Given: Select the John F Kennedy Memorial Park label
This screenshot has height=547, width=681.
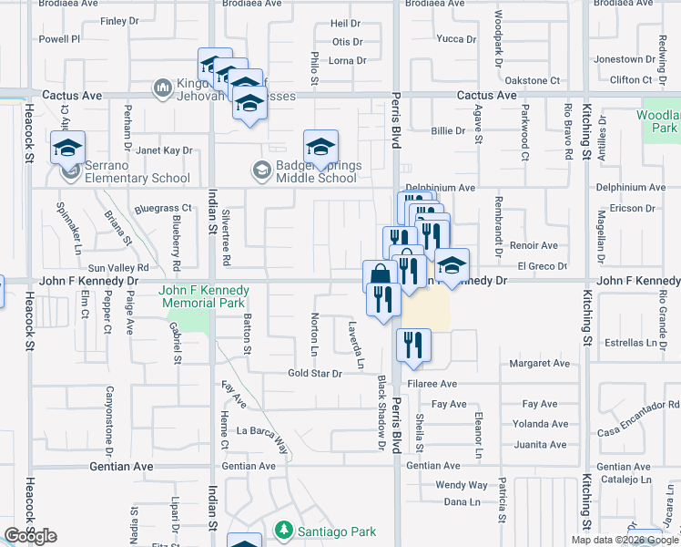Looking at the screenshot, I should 203,297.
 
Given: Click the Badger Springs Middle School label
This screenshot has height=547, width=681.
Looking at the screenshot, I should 317,172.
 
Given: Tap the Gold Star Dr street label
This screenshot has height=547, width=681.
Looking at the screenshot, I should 314,374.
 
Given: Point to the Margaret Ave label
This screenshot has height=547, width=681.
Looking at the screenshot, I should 539,364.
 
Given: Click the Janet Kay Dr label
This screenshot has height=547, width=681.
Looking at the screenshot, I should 165,150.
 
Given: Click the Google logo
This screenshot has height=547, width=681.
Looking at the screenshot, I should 30,536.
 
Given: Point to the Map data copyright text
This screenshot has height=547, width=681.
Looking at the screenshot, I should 625,540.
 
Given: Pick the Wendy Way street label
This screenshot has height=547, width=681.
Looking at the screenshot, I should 461,485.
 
